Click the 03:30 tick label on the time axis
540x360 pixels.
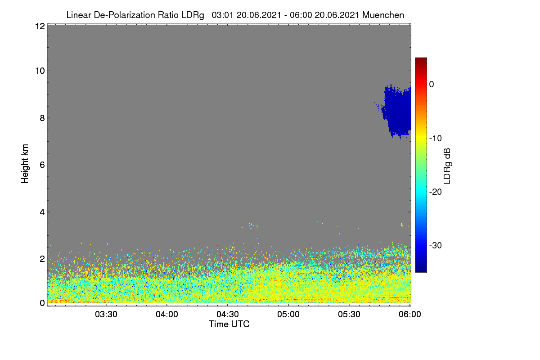(x=106, y=315)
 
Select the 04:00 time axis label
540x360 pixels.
(x=167, y=315)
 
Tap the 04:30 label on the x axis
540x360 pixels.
(x=228, y=315)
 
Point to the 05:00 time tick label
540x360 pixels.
(x=288, y=315)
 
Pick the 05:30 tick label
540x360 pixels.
(x=349, y=315)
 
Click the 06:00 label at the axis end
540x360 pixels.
(x=410, y=315)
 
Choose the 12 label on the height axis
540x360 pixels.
(x=40, y=26)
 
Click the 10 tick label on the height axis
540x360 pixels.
(x=40, y=71)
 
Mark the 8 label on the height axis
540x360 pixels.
(x=42, y=118)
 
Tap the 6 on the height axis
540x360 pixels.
(x=42, y=165)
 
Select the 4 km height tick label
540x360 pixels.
(x=42, y=212)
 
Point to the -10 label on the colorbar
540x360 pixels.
(x=436, y=139)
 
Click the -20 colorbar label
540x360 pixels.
(x=436, y=192)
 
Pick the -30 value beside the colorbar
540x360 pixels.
(x=436, y=245)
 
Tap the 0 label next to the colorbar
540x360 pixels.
(x=432, y=85)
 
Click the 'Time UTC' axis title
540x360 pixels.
(x=229, y=324)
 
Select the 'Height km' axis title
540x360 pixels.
(x=25, y=164)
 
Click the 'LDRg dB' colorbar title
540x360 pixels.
(x=447, y=166)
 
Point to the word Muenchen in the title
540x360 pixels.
(x=383, y=15)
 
